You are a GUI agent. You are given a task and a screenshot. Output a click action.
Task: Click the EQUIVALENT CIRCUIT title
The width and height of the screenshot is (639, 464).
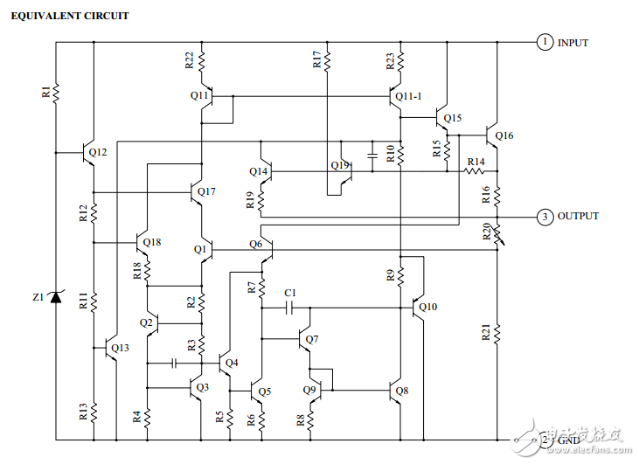tap(69, 16)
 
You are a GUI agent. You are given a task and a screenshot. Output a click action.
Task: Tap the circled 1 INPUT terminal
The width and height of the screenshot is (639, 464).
tap(545, 42)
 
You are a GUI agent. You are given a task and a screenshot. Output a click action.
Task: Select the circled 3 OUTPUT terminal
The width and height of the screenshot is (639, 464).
tap(545, 216)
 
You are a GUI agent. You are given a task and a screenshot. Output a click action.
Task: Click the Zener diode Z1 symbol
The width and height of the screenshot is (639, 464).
tap(56, 297)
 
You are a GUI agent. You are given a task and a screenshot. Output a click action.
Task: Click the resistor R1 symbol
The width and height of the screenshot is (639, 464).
tap(56, 92)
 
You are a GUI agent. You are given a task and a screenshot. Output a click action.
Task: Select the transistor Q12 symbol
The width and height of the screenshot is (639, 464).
tap(90, 153)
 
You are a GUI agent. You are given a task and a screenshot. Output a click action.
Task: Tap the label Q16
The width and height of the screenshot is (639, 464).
tap(504, 135)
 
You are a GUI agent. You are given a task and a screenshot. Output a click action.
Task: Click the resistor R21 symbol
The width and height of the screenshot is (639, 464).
tap(496, 332)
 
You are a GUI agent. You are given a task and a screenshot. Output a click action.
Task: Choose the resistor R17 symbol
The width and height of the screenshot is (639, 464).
tap(327, 59)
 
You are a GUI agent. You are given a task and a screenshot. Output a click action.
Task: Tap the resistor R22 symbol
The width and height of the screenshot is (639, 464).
tap(202, 59)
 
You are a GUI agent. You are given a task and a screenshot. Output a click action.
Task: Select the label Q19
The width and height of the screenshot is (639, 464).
tap(340, 165)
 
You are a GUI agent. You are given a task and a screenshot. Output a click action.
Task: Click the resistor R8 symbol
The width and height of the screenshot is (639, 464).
tap(309, 419)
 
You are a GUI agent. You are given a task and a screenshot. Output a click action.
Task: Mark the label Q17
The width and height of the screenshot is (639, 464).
tap(206, 191)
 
